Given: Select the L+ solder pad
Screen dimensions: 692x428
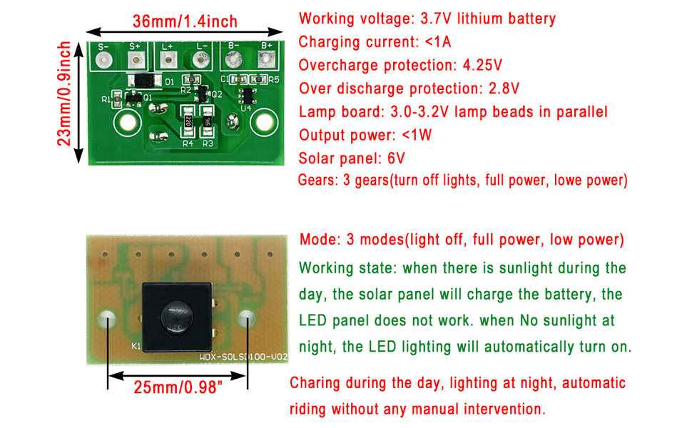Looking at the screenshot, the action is (x=168, y=61).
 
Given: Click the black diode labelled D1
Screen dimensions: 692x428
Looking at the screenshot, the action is (x=147, y=81).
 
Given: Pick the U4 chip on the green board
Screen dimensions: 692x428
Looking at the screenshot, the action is (x=248, y=96).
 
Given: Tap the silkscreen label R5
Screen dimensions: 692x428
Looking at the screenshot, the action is (x=274, y=80).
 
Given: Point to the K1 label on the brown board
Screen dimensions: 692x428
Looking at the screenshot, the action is (x=136, y=348).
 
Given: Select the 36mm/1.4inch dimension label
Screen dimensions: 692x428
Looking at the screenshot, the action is (x=185, y=21).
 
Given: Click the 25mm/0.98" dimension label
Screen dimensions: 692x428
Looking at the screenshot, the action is (x=178, y=389).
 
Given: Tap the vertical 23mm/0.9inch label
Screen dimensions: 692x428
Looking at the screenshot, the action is (x=65, y=93).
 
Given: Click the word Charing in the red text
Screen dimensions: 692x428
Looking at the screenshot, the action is (x=315, y=383).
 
